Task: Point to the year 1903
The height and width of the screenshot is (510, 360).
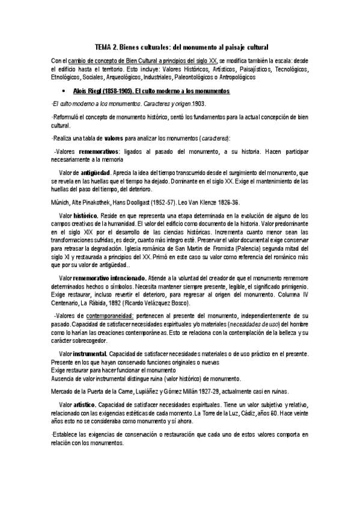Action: [158, 103]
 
